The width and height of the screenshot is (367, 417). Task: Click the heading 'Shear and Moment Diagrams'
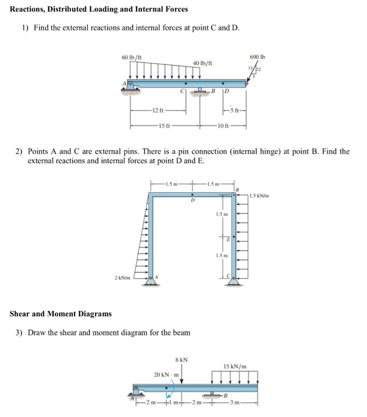click(x=60, y=314)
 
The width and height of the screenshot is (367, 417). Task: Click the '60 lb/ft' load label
click(x=130, y=56)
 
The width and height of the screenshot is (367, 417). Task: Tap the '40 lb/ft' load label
click(x=203, y=62)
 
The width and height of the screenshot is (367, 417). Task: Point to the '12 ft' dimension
click(x=156, y=112)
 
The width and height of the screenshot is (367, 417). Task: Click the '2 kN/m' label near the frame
click(x=123, y=278)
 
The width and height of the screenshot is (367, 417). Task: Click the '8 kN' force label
click(x=181, y=359)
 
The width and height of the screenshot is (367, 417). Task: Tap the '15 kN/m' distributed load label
click(x=235, y=366)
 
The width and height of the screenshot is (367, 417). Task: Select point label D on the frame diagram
click(x=192, y=201)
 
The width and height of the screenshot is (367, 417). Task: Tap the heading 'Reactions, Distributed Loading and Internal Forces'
click(x=99, y=9)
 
